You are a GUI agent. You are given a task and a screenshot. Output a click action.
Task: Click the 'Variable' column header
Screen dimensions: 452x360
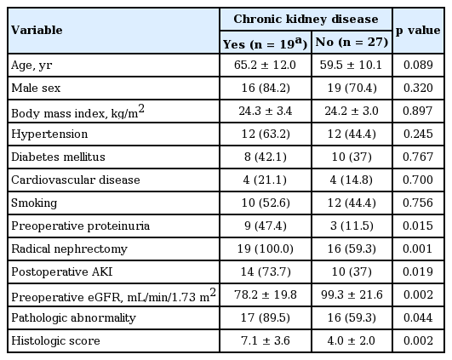[37, 30]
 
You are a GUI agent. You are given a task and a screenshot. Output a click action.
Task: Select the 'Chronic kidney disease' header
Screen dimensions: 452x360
[306, 19]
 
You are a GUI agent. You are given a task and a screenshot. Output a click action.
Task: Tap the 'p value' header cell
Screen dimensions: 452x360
[418, 31]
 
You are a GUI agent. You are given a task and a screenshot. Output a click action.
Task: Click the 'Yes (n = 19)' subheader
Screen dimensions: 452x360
[266, 43]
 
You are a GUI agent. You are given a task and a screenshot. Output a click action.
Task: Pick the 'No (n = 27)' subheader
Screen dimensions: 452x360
[352, 42]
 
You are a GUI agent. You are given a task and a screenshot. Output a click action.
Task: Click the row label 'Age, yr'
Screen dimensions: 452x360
[31, 66]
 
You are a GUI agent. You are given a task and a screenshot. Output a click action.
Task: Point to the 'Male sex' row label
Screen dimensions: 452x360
[36, 88]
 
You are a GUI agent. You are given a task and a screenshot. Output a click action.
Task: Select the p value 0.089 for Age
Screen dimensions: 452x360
[418, 65]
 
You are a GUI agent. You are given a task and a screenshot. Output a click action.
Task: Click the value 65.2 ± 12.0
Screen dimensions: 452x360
[265, 65]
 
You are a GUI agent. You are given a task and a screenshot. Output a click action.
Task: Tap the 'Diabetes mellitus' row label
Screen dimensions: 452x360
[58, 157]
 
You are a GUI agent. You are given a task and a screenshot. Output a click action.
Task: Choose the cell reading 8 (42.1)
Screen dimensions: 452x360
[266, 157]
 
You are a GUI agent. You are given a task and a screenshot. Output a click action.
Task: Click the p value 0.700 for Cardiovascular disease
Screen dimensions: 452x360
[418, 180]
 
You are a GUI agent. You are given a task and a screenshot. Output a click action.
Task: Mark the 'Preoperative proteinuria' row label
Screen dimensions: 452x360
[80, 226]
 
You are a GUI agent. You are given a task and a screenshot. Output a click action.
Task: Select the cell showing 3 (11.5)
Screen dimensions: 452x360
[352, 226]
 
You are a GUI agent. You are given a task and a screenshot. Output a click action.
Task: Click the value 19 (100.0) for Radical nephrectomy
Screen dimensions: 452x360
[266, 249]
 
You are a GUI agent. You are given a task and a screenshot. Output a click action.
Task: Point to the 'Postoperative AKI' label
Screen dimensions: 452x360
[61, 271]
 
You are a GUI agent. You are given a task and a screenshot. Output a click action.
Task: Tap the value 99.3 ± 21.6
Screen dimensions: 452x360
[352, 294]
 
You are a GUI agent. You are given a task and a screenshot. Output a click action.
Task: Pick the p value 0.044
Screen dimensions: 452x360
[418, 317]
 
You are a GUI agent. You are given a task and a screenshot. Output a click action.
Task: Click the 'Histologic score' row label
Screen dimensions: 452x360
[55, 341]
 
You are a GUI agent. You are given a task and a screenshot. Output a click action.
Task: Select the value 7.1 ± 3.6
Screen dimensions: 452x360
[266, 340]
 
